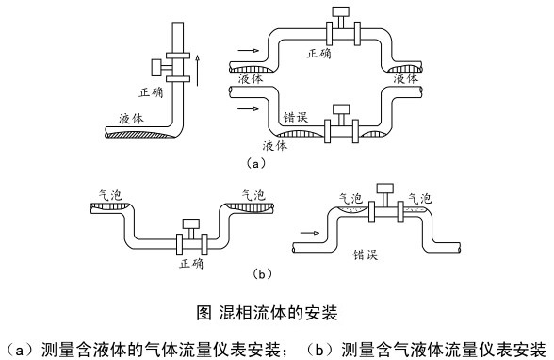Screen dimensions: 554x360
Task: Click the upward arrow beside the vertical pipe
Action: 198,70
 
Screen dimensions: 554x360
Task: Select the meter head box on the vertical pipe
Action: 156,67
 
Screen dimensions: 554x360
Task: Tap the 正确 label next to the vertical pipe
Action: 152,92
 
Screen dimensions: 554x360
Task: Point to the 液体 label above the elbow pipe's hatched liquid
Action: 132,119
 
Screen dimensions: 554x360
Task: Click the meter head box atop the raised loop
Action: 341,11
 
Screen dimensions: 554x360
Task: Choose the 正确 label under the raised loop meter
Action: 319,54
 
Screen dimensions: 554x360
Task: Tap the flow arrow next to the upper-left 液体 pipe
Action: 248,51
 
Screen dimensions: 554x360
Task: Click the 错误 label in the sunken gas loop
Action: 296,117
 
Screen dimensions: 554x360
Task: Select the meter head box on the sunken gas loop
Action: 341,109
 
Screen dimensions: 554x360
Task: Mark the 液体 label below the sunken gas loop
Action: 275,145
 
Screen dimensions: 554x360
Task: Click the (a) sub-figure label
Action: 256,163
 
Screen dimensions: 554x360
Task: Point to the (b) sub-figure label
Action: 263,274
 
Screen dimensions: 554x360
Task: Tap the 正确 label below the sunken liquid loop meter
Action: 191,264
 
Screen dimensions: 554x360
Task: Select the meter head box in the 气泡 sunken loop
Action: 190,223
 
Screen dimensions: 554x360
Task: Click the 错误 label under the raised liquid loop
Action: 366,254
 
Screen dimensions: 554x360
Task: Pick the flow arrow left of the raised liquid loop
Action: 309,233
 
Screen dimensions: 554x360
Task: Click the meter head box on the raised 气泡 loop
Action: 384,188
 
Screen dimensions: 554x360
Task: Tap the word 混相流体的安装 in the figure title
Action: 279,312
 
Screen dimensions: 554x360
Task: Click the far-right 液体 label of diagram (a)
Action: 406,78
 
